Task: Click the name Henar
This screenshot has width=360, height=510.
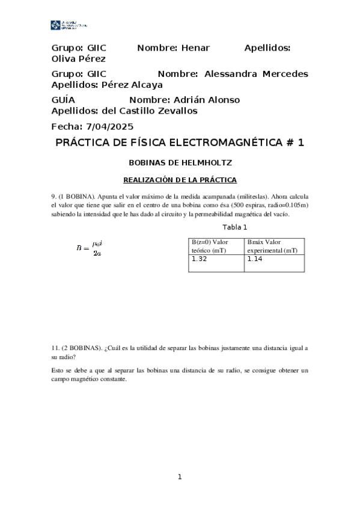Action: [x=194, y=48]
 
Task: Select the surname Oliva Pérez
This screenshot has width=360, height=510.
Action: [x=79, y=59]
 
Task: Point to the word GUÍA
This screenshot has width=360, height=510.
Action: [x=64, y=100]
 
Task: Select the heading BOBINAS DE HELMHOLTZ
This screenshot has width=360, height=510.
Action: [x=180, y=162]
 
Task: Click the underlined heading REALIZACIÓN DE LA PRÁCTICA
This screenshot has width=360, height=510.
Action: [x=180, y=180]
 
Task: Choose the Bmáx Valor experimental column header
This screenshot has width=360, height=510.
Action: [x=272, y=245]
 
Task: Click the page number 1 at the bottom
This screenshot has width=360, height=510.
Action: [x=179, y=477]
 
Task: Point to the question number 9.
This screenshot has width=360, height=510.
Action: [x=53, y=196]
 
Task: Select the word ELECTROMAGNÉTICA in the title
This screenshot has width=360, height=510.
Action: [x=222, y=143]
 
